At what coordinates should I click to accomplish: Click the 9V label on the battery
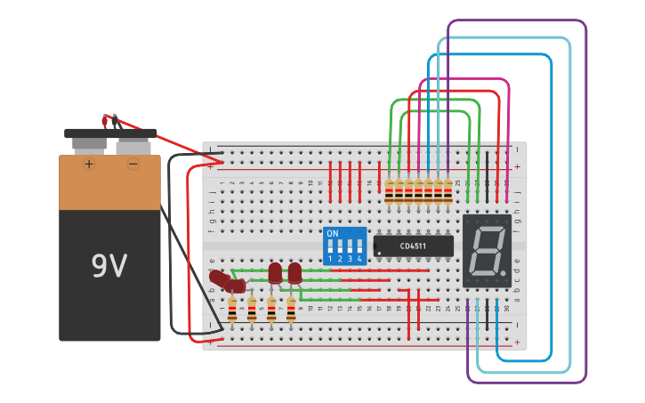coord(109,266)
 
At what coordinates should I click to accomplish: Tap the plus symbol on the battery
coord(89,165)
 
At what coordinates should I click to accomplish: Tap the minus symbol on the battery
coord(133,165)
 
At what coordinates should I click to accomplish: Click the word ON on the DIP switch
coord(333,234)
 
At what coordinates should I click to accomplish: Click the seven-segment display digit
coord(486,250)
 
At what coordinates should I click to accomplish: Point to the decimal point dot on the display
coord(504,272)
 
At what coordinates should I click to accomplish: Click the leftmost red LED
coord(217,278)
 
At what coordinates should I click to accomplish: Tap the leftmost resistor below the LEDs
coord(232,309)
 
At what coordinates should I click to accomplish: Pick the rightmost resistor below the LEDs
coord(291,309)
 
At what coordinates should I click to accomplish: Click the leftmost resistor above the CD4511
coord(389,189)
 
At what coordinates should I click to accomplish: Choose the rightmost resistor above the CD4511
coord(447,189)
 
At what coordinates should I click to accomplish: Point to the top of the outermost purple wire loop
coord(516,21)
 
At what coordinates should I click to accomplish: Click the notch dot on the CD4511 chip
coord(379,253)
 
